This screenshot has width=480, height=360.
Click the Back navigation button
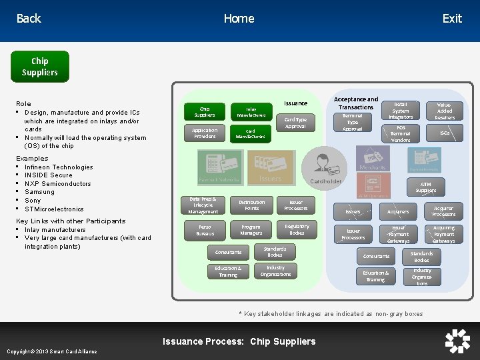pos(29,19)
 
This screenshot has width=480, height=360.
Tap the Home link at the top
pos(239,19)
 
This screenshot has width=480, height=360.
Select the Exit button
pos(451,19)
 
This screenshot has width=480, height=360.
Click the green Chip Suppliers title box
pos(39,67)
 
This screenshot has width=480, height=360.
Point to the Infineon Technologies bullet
pos(59,167)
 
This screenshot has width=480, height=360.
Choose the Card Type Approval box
pos(295,123)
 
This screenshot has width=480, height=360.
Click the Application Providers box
pos(205,133)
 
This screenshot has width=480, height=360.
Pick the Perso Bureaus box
pos(205,231)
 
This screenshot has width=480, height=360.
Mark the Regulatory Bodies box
pos(297,230)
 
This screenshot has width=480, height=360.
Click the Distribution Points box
pos(251,205)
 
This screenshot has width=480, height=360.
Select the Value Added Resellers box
pos(445,111)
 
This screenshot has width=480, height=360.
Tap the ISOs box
pos(445,133)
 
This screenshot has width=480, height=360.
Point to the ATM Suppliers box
pos(425,187)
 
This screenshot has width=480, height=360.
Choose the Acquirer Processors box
pos(443,211)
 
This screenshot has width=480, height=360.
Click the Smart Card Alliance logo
pos(457,341)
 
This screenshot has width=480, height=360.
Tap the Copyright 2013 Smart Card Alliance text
pos(52,351)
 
